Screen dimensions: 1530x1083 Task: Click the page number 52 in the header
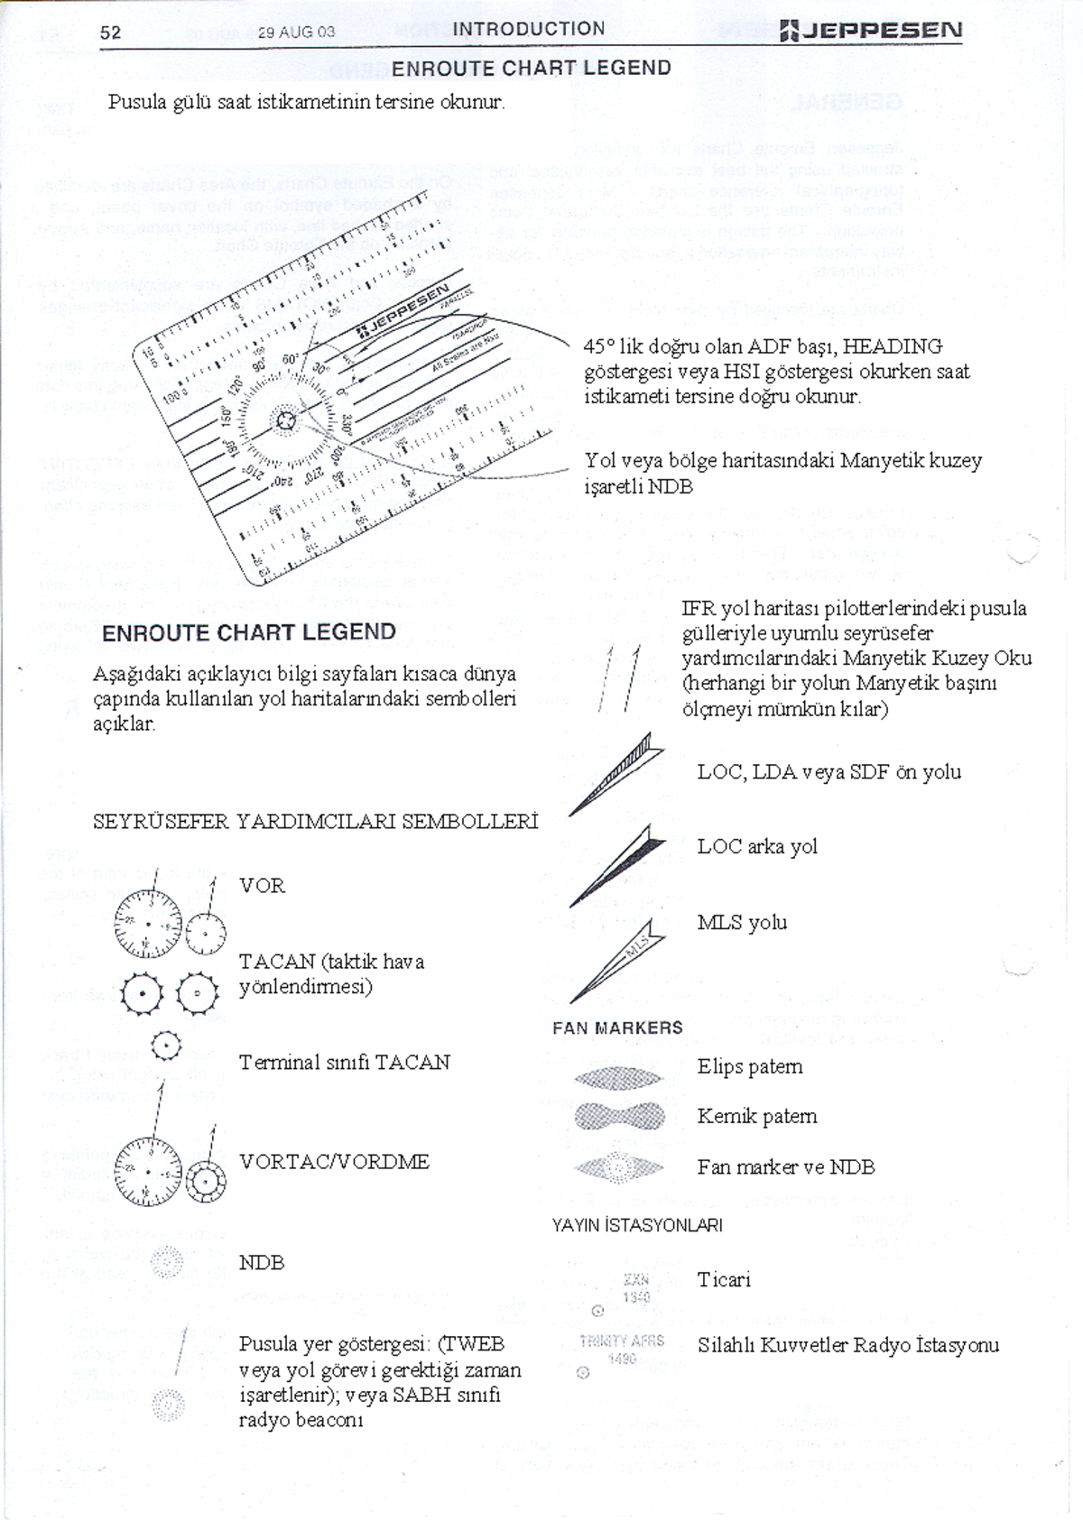pyautogui.click(x=110, y=32)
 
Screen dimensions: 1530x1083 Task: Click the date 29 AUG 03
pyautogui.click(x=296, y=32)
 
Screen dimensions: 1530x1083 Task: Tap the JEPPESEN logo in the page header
pyautogui.click(x=871, y=32)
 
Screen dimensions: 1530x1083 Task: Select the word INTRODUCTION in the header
pyautogui.click(x=529, y=29)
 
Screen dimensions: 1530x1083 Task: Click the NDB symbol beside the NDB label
pyautogui.click(x=167, y=1261)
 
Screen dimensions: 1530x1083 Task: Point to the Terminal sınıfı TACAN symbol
pyautogui.click(x=167, y=1046)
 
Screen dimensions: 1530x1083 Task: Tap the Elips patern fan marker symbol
pyautogui.click(x=619, y=1077)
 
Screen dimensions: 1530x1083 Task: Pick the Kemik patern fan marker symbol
pyautogui.click(x=619, y=1117)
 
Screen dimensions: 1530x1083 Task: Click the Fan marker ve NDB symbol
pyautogui.click(x=619, y=1168)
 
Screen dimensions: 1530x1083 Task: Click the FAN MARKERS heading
pyautogui.click(x=617, y=1028)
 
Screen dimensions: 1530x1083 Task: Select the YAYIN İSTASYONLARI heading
pyautogui.click(x=637, y=1225)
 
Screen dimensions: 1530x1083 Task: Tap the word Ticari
pyautogui.click(x=724, y=1279)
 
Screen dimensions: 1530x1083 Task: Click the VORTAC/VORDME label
pyautogui.click(x=334, y=1162)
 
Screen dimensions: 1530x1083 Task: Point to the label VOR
pyautogui.click(x=263, y=886)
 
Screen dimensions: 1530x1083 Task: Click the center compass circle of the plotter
pyautogui.click(x=286, y=421)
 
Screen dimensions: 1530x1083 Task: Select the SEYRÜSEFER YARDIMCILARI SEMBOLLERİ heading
pyautogui.click(x=316, y=822)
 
